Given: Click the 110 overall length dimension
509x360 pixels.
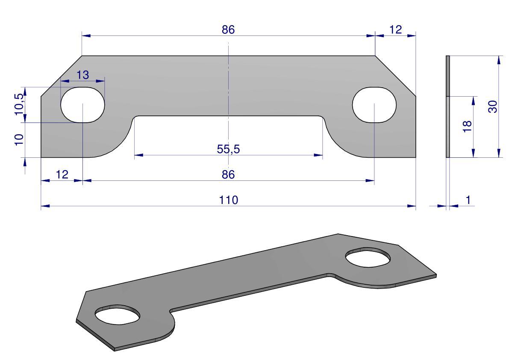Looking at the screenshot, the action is pyautogui.click(x=229, y=200).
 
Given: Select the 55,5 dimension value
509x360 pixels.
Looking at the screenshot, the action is pyautogui.click(x=228, y=149).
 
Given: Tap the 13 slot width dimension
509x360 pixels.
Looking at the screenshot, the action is pyautogui.click(x=83, y=75).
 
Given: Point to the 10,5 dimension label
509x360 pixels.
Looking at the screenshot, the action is pyautogui.click(x=19, y=103).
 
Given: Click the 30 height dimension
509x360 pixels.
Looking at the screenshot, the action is pyautogui.click(x=492, y=107).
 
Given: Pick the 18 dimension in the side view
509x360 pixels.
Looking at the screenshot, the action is pyautogui.click(x=467, y=126).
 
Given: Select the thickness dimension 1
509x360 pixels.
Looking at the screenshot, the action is pyautogui.click(x=468, y=200).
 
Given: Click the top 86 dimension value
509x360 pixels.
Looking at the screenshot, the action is pyautogui.click(x=228, y=30).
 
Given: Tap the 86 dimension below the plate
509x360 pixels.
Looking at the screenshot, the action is pyautogui.click(x=228, y=174).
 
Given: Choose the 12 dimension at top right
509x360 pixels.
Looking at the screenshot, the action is pyautogui.click(x=395, y=30).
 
